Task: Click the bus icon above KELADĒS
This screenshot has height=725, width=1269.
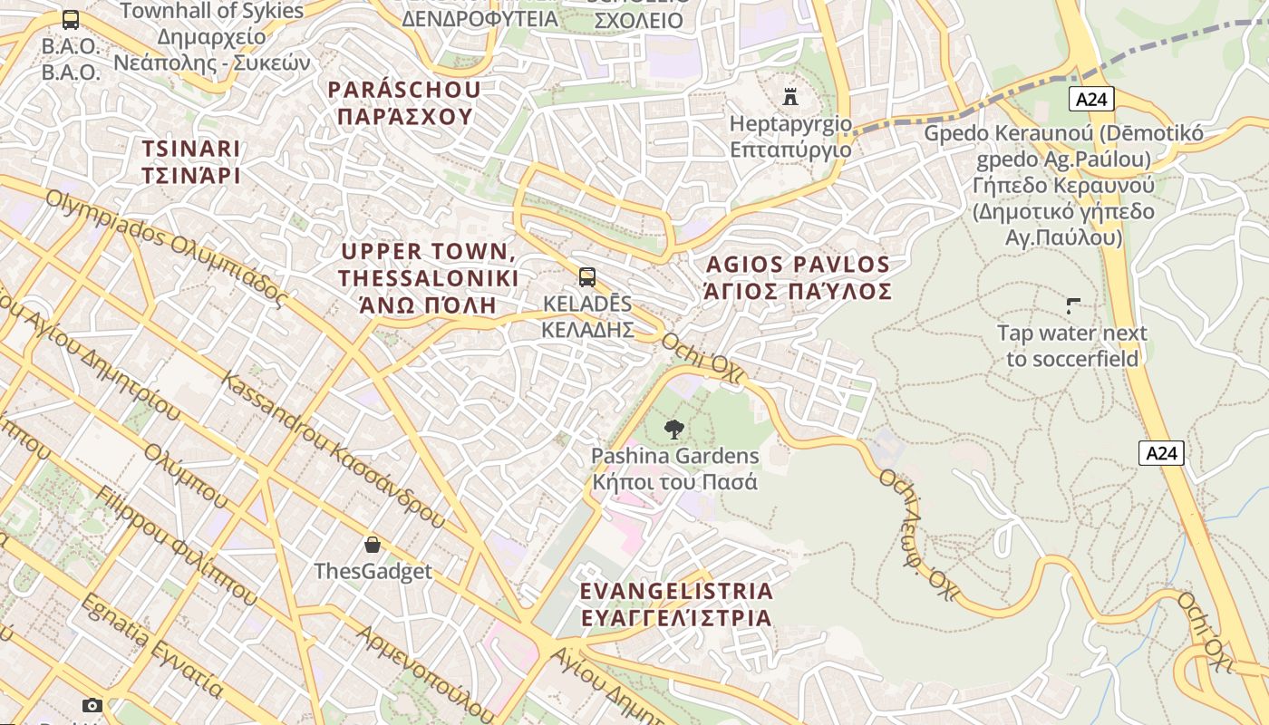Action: (x=587, y=277)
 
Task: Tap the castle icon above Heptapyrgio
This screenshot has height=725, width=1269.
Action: (x=790, y=96)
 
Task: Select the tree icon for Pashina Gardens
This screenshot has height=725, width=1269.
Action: (x=673, y=430)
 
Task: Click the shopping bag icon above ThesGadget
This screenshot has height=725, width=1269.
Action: (x=373, y=545)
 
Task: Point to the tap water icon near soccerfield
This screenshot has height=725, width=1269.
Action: (x=1073, y=306)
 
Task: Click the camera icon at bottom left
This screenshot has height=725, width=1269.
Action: (x=92, y=705)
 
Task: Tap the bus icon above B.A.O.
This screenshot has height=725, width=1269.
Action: (x=71, y=20)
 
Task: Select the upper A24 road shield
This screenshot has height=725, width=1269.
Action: (x=1090, y=99)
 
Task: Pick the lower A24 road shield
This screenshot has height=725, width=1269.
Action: (x=1161, y=452)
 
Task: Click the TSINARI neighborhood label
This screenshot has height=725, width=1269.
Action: (x=191, y=161)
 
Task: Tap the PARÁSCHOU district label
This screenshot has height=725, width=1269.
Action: (x=404, y=102)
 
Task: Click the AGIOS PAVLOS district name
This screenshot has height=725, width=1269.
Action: (x=798, y=277)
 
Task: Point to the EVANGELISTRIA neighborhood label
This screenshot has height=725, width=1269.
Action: (x=676, y=604)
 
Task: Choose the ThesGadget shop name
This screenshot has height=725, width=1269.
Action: (x=373, y=572)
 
